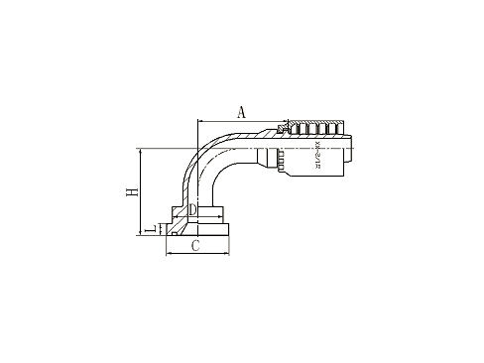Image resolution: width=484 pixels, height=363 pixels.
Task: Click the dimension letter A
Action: pyautogui.click(x=240, y=112)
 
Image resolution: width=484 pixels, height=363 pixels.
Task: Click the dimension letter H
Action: pyautogui.click(x=132, y=192)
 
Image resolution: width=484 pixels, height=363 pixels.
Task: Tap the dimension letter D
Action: pyautogui.click(x=194, y=211)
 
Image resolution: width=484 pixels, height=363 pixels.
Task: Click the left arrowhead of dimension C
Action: pyautogui.click(x=168, y=253)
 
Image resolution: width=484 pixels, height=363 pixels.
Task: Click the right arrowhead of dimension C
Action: pyautogui.click(x=229, y=253)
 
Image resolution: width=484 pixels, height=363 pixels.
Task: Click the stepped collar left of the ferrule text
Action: pyautogui.click(x=270, y=156)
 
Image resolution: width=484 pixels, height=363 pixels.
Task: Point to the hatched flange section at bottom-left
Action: pyautogui.click(x=177, y=230)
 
